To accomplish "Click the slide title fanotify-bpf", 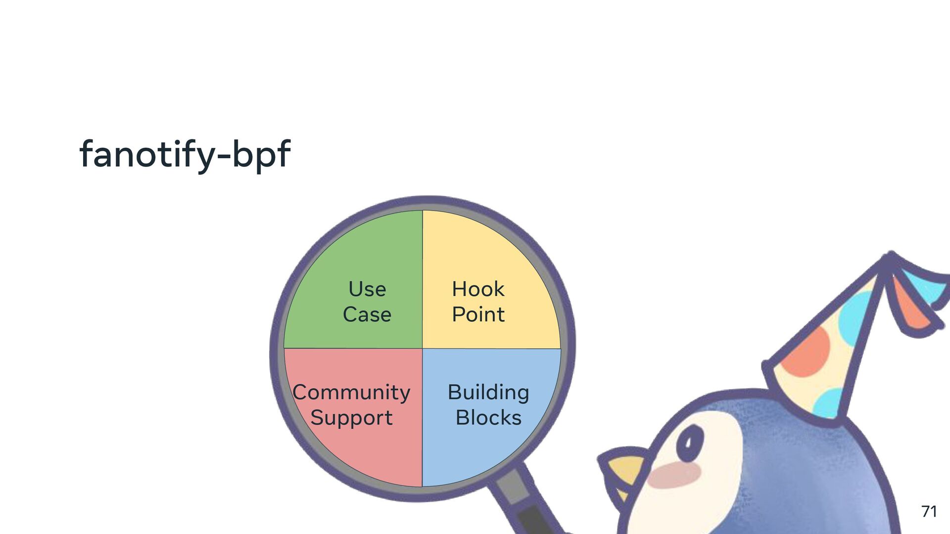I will [185, 155].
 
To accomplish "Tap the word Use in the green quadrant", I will [367, 289].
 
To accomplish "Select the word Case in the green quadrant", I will [367, 314].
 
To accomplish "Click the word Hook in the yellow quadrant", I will [478, 289].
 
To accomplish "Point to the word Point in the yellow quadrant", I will [478, 314].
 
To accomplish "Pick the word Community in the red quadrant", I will [351, 393].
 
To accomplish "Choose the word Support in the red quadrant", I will [351, 418].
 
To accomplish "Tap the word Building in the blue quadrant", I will [488, 393].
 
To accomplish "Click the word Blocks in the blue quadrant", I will [488, 418].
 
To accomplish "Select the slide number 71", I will [929, 511].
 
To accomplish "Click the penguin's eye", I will [690, 442].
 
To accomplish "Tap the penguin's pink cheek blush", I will [674, 475].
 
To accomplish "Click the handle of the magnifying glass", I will [524, 504].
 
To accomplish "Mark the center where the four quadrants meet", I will [422, 349].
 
